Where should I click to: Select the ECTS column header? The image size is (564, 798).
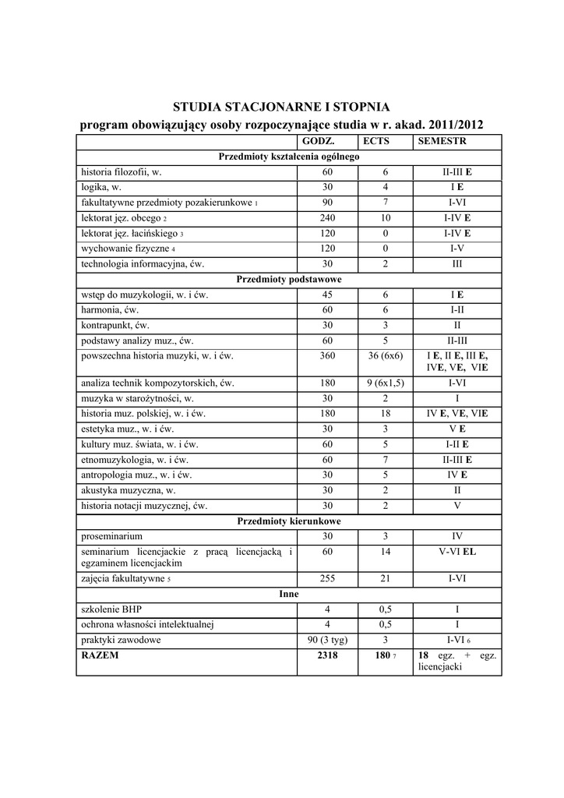click(x=375, y=142)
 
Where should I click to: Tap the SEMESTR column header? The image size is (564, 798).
click(x=442, y=142)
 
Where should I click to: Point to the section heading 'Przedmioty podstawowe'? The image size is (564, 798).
click(x=289, y=279)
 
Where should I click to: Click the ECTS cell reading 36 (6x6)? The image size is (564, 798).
click(x=385, y=355)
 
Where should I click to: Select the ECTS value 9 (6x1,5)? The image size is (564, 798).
click(x=385, y=383)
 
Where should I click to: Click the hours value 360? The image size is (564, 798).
click(x=327, y=355)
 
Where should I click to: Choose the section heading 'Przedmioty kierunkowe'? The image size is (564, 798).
click(x=289, y=521)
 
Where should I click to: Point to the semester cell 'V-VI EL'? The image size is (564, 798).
click(x=457, y=552)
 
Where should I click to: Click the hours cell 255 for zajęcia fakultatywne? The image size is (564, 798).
click(x=327, y=579)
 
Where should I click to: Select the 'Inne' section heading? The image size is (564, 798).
click(x=289, y=594)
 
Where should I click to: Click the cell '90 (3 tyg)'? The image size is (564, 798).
click(x=327, y=640)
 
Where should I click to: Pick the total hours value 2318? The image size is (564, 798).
click(x=327, y=655)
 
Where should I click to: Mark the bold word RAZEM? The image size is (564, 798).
click(x=100, y=655)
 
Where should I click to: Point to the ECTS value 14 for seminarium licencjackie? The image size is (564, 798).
click(x=385, y=552)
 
